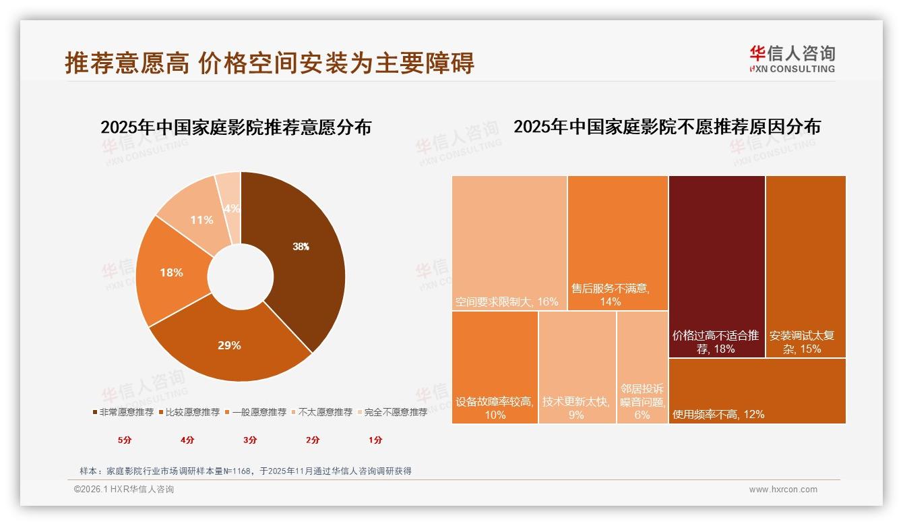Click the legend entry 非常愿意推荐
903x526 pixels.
coord(123,412)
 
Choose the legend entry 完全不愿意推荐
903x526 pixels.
coord(392,412)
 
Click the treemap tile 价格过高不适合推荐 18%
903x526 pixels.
coord(716,266)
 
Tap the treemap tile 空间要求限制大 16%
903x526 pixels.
coord(509,243)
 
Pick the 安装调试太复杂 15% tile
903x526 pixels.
coord(805,266)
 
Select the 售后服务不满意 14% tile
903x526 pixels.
coord(617,243)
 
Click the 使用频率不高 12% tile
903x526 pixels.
coord(757,391)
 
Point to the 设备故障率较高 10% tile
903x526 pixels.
coord(495,368)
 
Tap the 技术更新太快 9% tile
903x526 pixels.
coord(577,368)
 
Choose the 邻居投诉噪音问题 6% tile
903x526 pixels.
coord(642,368)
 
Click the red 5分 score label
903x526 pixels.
coord(125,440)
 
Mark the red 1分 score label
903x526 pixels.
coord(375,440)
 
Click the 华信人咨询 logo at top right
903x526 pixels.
coord(792,59)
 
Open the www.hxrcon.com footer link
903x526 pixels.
coord(783,490)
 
